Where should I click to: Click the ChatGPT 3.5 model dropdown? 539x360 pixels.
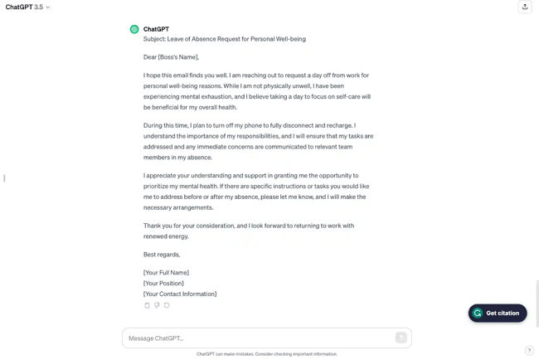(27, 7)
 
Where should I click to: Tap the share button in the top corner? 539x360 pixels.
(525, 7)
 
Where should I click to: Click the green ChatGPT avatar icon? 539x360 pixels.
(134, 30)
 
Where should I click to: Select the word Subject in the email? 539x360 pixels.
(154, 39)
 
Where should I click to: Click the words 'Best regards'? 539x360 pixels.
(161, 255)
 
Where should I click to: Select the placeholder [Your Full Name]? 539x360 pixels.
(166, 273)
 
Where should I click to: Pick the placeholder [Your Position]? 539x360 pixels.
(163, 284)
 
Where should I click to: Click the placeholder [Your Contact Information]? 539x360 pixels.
(180, 294)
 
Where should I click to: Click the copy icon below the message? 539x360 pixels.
(148, 305)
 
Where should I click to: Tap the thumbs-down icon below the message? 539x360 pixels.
(157, 305)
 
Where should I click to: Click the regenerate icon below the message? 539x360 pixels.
(167, 305)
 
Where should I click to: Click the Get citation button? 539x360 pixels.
(498, 314)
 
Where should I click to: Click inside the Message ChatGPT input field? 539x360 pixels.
(257, 338)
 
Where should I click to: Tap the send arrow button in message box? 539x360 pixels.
(401, 338)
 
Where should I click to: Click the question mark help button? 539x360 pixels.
(529, 351)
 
